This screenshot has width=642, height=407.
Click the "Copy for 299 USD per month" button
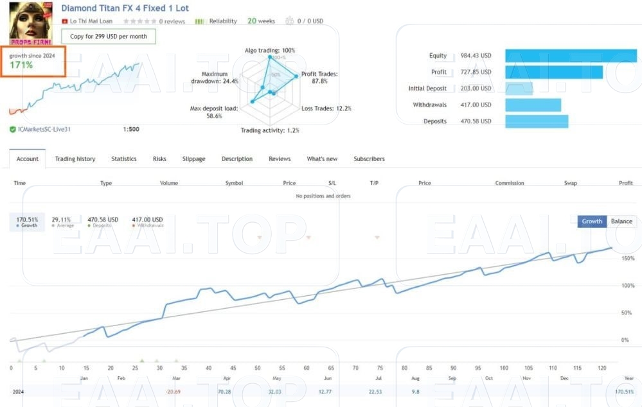click(109, 37)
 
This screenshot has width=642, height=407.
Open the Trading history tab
click(75, 159)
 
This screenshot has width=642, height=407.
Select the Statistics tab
click(124, 159)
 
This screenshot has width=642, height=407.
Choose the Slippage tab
click(194, 159)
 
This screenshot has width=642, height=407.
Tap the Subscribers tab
click(369, 159)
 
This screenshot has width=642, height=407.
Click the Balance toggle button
click(621, 221)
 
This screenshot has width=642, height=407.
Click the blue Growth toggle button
click(592, 221)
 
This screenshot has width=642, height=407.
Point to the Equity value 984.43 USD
click(476, 56)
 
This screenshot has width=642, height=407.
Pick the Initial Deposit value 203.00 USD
click(476, 89)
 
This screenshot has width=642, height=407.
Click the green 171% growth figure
click(21, 65)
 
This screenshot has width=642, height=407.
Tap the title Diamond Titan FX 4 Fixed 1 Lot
click(125, 8)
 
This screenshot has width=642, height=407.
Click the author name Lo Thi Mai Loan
click(91, 21)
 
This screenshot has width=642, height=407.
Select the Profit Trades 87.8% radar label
click(319, 78)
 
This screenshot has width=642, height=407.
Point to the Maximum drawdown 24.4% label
click(215, 78)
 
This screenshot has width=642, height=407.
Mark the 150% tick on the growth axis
click(628, 258)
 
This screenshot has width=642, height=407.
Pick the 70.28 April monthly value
click(224, 392)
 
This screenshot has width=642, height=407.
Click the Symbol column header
click(234, 184)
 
